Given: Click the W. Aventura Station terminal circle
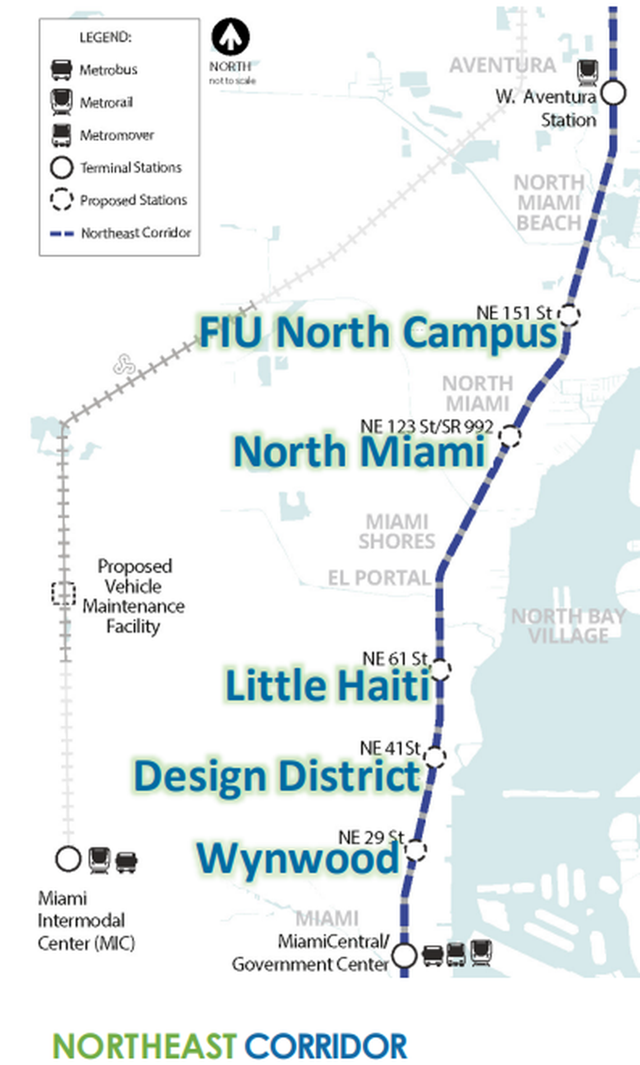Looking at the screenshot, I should (x=613, y=93).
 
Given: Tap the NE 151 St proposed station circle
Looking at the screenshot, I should (x=569, y=315).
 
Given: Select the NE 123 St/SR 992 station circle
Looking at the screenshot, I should (x=510, y=436).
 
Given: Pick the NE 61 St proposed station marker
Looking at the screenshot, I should (x=440, y=669).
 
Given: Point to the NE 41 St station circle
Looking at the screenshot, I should (x=435, y=757).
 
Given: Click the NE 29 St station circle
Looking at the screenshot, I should (x=415, y=849).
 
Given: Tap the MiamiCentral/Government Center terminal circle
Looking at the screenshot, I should (x=404, y=955).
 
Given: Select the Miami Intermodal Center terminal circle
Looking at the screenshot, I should (x=68, y=859).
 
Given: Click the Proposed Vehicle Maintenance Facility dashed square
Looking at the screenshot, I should (x=63, y=593).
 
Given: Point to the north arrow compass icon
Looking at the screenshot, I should (x=230, y=37).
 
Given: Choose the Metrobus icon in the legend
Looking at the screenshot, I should (x=61, y=70).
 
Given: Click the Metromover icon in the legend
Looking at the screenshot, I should (x=61, y=135).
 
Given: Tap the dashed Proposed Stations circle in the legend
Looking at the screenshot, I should (x=61, y=200).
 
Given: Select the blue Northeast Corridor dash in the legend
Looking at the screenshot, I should (x=62, y=233).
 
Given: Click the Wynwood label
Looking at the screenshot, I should (x=298, y=859).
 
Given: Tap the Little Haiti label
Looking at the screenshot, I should (x=328, y=685).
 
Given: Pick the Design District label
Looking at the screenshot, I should (x=277, y=776).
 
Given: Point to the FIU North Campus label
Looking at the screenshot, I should (x=378, y=332).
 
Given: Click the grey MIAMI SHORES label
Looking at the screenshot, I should (x=397, y=531).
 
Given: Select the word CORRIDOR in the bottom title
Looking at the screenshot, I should (x=326, y=1046).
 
